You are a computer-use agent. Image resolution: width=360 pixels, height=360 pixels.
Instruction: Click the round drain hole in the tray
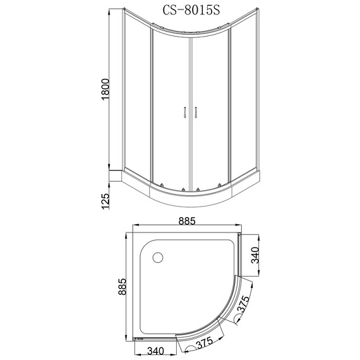coord(157,258)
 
